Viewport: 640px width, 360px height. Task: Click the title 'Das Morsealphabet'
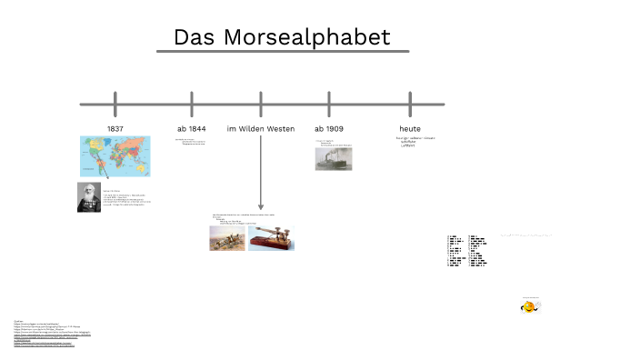point(282,37)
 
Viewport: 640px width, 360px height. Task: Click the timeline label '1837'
point(115,129)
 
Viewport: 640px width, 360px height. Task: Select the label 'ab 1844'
point(191,129)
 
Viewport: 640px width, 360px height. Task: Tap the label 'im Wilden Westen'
point(261,129)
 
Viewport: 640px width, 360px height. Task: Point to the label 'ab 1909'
point(329,129)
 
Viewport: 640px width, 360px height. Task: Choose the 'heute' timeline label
point(410,129)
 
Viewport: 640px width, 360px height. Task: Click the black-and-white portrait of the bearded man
point(89,197)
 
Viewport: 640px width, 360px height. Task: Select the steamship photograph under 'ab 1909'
point(332,159)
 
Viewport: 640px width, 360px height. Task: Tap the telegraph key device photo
point(272,238)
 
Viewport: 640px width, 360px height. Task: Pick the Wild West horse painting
point(226,238)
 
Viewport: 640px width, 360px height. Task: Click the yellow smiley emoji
point(528,307)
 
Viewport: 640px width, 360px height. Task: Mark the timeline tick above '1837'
point(115,103)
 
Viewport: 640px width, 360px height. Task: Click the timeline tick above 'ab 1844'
point(192,103)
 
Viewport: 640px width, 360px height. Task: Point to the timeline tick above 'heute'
point(410,103)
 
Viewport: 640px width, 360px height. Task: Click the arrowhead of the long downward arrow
point(261,206)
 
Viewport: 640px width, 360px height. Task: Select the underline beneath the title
point(282,52)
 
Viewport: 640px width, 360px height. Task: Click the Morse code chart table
point(466,251)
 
